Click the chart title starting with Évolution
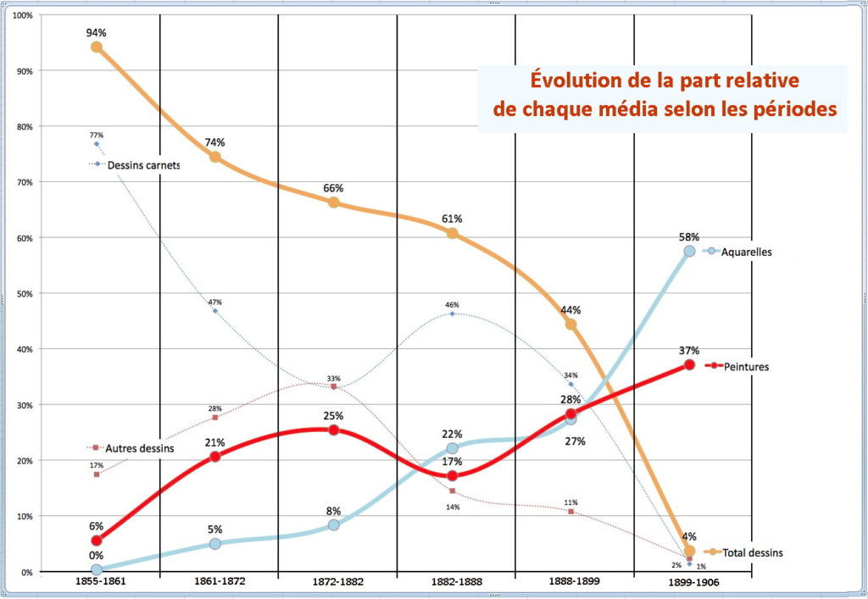pos(662,96)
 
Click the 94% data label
pos(96,33)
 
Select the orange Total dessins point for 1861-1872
pos(215,157)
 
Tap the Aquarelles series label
pos(746,252)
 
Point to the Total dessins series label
pos(753,552)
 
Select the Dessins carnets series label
pos(143,164)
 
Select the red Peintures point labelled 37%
pos(689,364)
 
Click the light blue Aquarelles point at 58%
pos(689,251)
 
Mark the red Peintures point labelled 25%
pos(334,430)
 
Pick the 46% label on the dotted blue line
pos(452,304)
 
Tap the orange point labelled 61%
pos(453,233)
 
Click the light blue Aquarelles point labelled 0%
pos(97,571)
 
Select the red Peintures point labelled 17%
pos(453,476)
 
